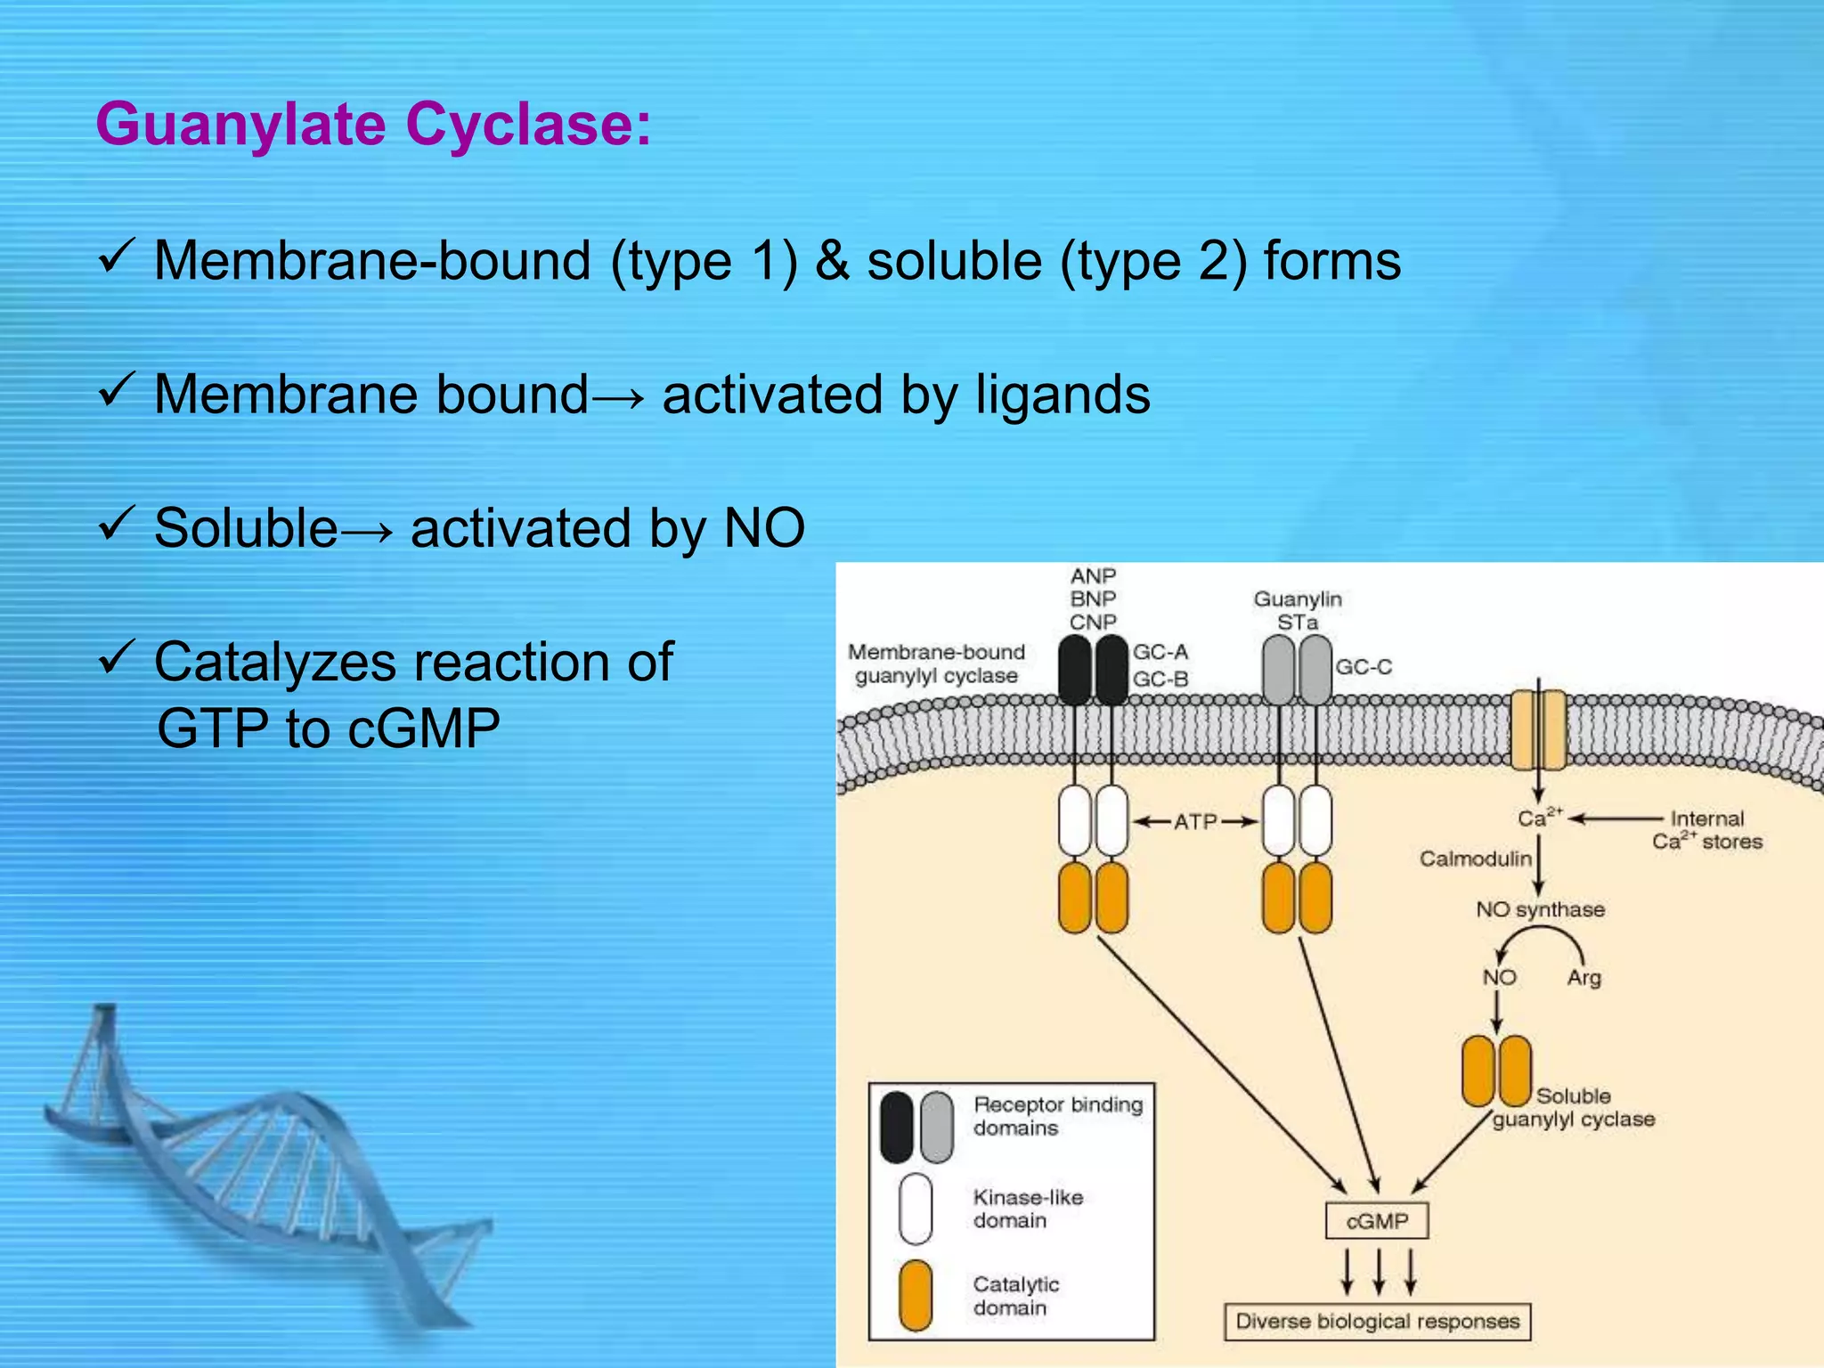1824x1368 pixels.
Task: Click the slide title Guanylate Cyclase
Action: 373,124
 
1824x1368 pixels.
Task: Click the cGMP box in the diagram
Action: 1377,1221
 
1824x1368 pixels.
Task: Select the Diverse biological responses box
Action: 1377,1321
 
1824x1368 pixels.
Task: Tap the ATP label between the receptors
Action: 1194,821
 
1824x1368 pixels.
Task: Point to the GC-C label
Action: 1363,667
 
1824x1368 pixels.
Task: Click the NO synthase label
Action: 1540,909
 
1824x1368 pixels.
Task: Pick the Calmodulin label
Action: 1475,859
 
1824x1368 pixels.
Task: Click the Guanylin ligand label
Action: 1297,599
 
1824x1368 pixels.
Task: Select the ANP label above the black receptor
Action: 1093,576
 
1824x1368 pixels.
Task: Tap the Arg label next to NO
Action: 1584,978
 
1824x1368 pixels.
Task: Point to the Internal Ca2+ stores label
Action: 1706,830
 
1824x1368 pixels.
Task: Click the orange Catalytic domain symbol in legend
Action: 916,1295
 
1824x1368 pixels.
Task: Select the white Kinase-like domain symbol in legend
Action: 916,1208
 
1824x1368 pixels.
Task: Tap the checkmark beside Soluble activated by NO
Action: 116,523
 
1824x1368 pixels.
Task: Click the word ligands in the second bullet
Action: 1063,395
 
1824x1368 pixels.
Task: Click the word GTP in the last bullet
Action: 213,729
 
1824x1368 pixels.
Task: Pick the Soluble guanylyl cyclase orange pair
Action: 1496,1071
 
